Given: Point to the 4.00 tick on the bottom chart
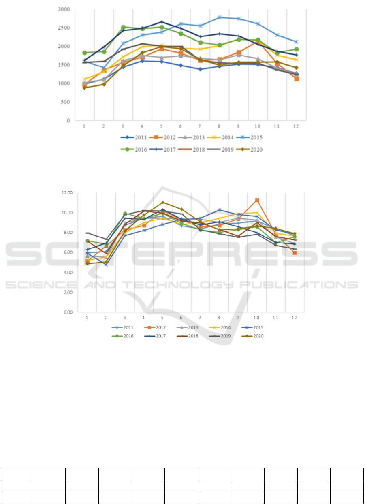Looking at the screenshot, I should tap(66, 272).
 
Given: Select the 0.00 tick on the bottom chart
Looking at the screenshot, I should tap(66, 312).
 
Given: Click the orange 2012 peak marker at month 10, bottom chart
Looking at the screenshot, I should tap(257, 200).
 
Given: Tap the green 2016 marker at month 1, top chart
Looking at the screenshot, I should tap(84, 53).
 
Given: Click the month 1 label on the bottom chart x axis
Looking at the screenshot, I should tap(87, 318).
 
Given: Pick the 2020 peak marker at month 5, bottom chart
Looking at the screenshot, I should tap(163, 203).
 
